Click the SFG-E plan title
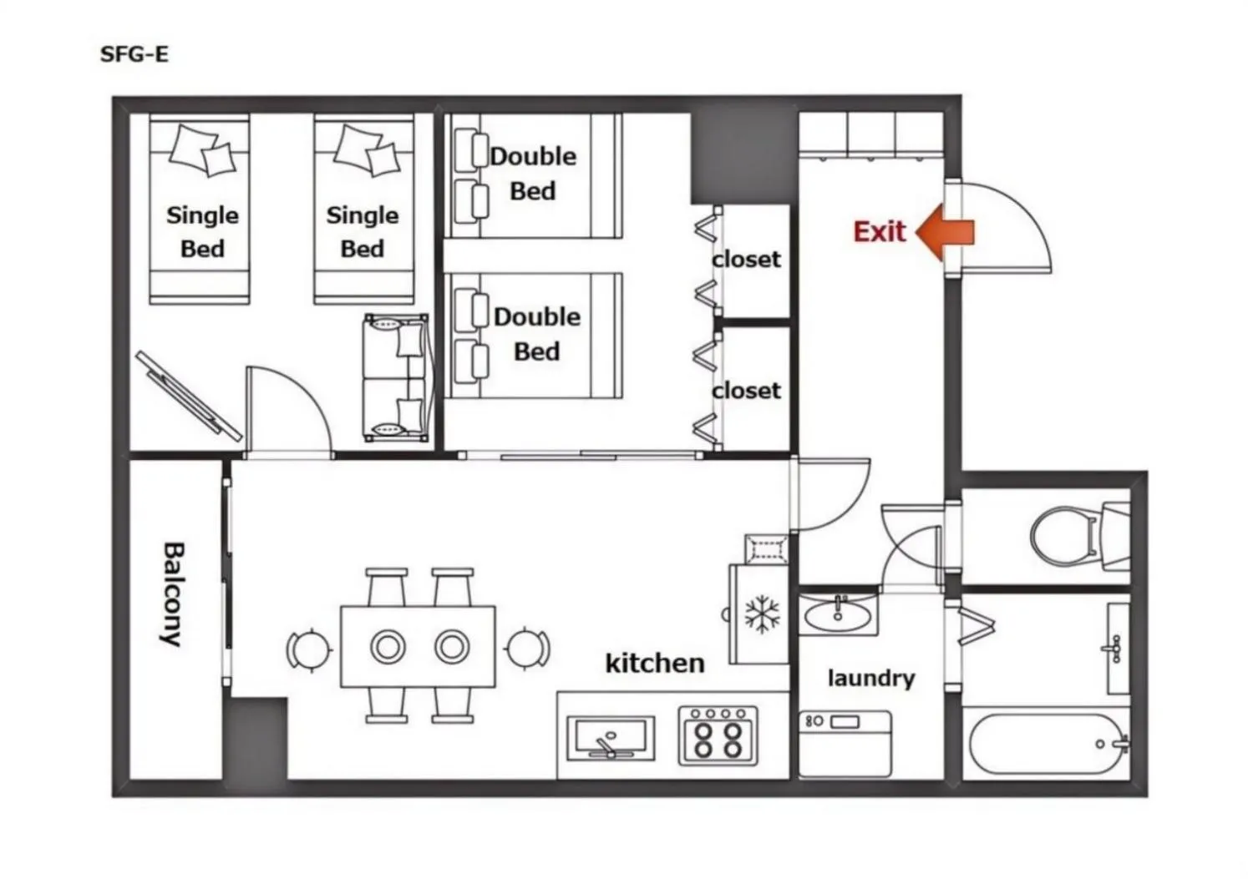point(134,54)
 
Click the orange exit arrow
point(945,232)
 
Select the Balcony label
point(173,594)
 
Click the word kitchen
point(655,663)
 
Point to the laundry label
point(870,679)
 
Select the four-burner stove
point(718,735)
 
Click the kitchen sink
point(611,738)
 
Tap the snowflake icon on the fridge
point(762,614)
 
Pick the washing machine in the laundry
point(845,743)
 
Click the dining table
point(418,646)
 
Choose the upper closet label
point(746,260)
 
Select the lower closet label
point(746,391)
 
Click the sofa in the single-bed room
point(397,377)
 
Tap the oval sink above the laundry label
point(837,616)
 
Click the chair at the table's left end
point(308,649)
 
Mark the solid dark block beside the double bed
point(743,158)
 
